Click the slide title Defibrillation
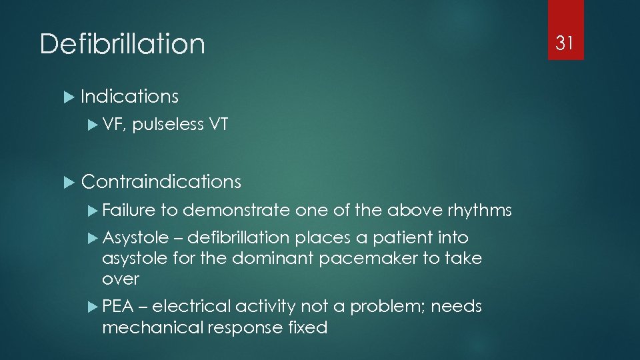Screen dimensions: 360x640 click(122, 44)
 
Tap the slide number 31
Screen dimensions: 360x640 click(565, 43)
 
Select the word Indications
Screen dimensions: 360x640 click(129, 96)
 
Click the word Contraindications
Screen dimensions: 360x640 click(161, 181)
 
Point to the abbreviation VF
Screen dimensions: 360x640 click(114, 124)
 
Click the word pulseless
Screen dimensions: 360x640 click(167, 124)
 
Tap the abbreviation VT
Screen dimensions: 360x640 click(219, 124)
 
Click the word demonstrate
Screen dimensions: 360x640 click(236, 211)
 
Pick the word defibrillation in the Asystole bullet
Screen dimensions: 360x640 click(238, 238)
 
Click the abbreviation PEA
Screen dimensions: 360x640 click(119, 307)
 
